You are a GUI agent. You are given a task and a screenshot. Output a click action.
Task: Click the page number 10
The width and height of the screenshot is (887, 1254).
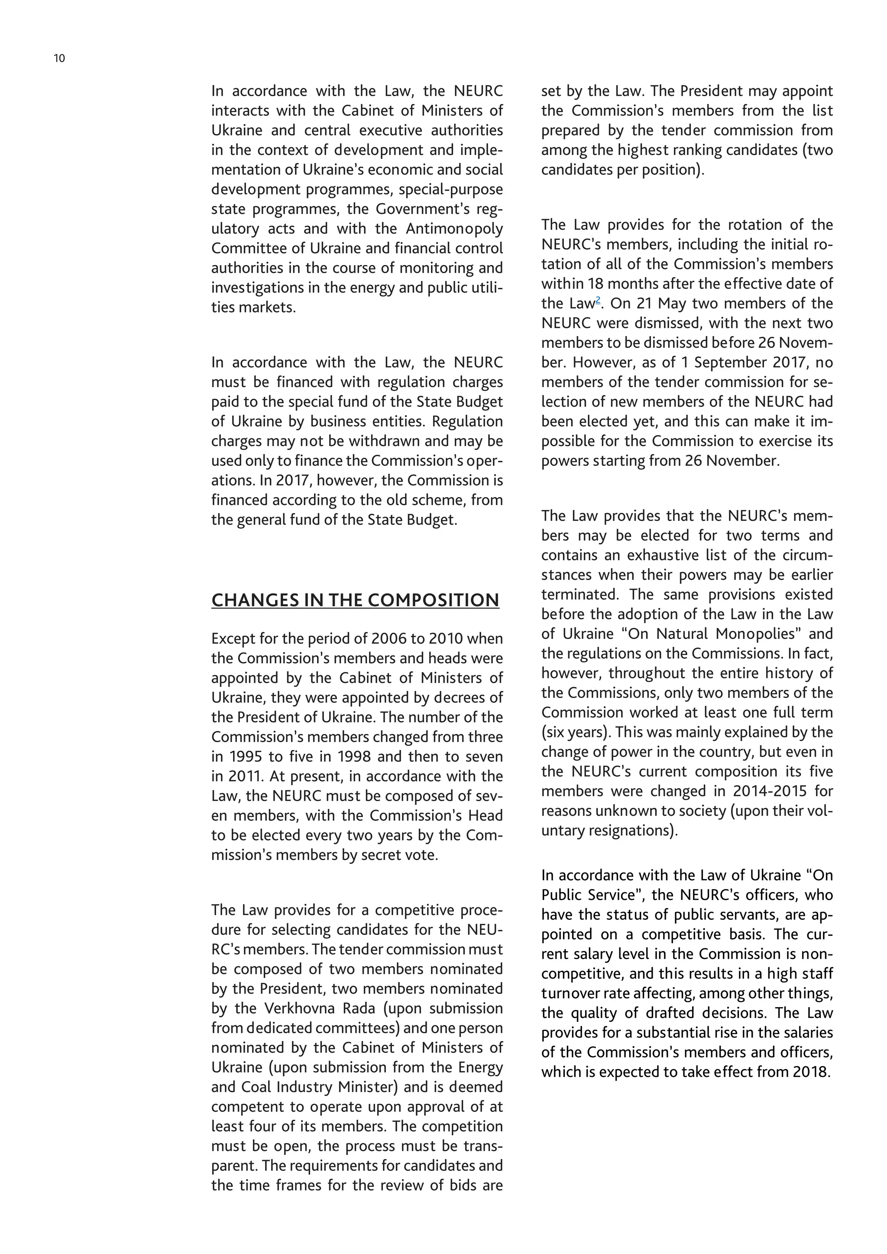coord(59,58)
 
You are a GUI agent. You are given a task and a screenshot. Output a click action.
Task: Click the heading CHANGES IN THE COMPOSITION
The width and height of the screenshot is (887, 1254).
coord(355,600)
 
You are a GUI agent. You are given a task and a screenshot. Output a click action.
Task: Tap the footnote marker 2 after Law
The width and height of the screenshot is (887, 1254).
coord(598,300)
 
